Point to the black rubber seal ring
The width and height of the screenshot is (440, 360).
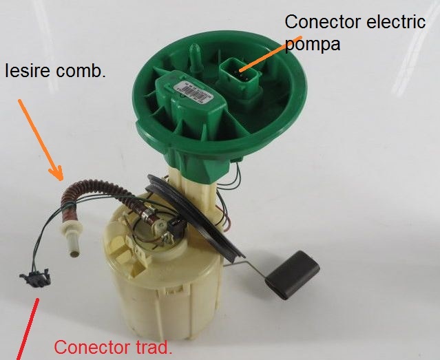[x=207, y=207]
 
